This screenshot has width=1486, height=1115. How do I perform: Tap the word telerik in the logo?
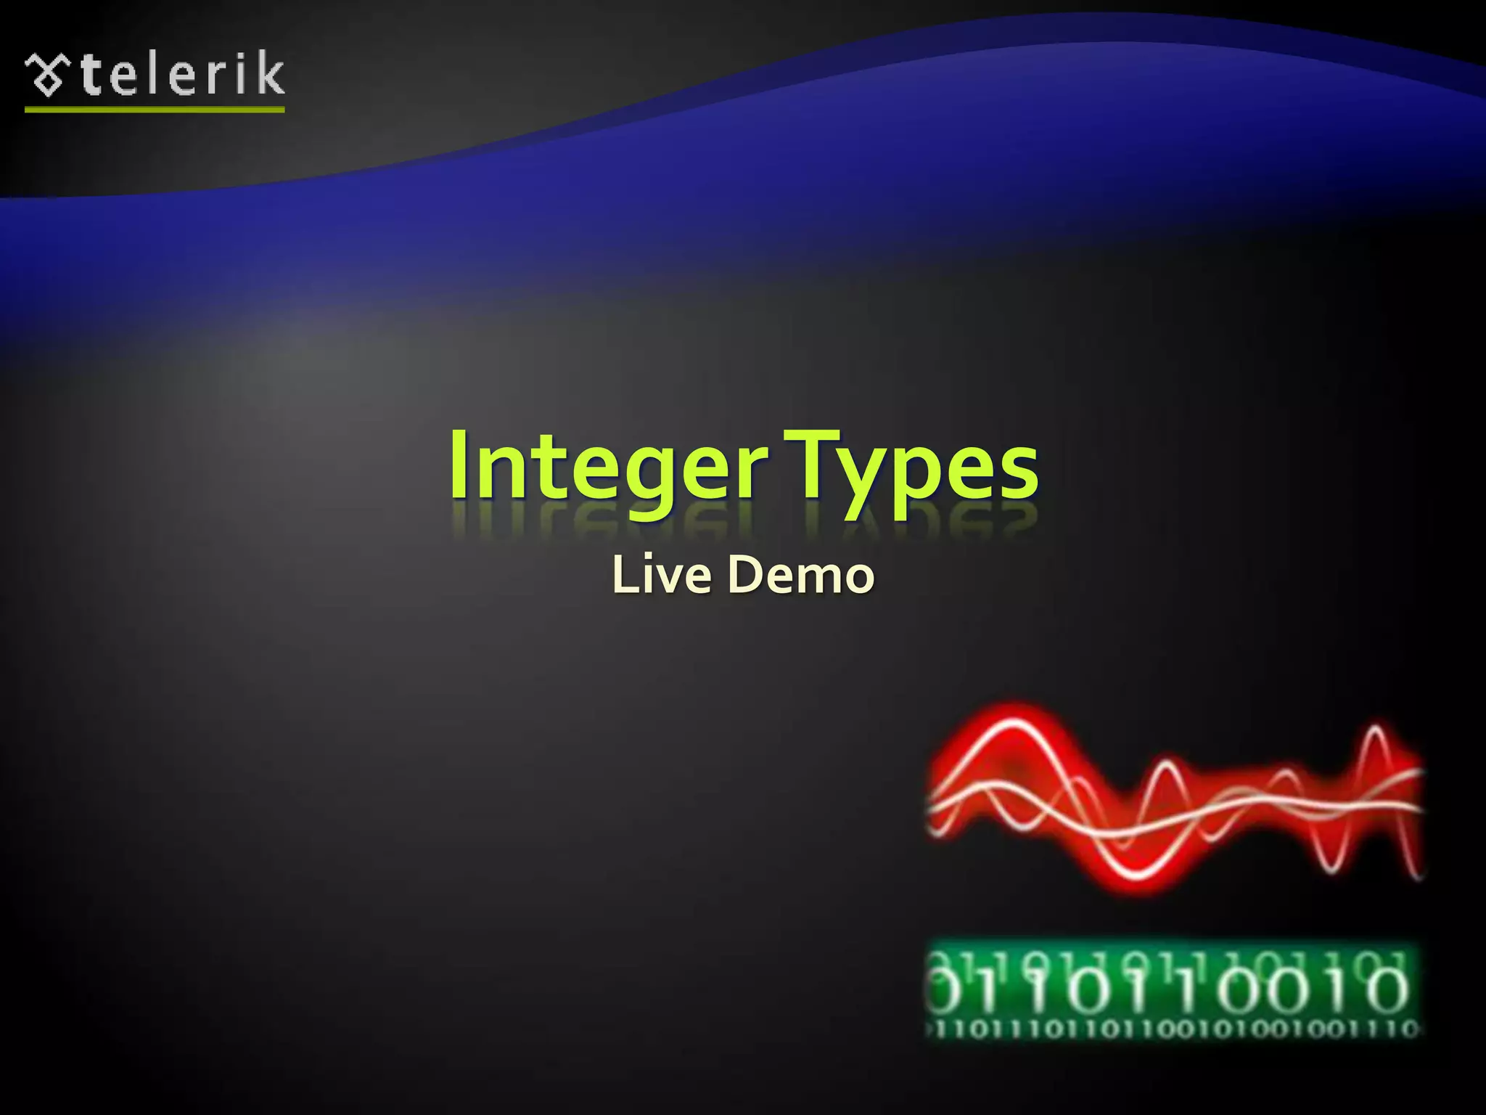tap(181, 75)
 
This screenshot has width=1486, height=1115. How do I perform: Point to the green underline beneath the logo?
tap(155, 110)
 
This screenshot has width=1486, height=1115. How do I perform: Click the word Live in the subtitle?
tap(661, 574)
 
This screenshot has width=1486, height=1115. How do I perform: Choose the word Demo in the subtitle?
tap(801, 574)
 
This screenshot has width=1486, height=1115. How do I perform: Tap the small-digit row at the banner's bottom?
tap(1171, 1029)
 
